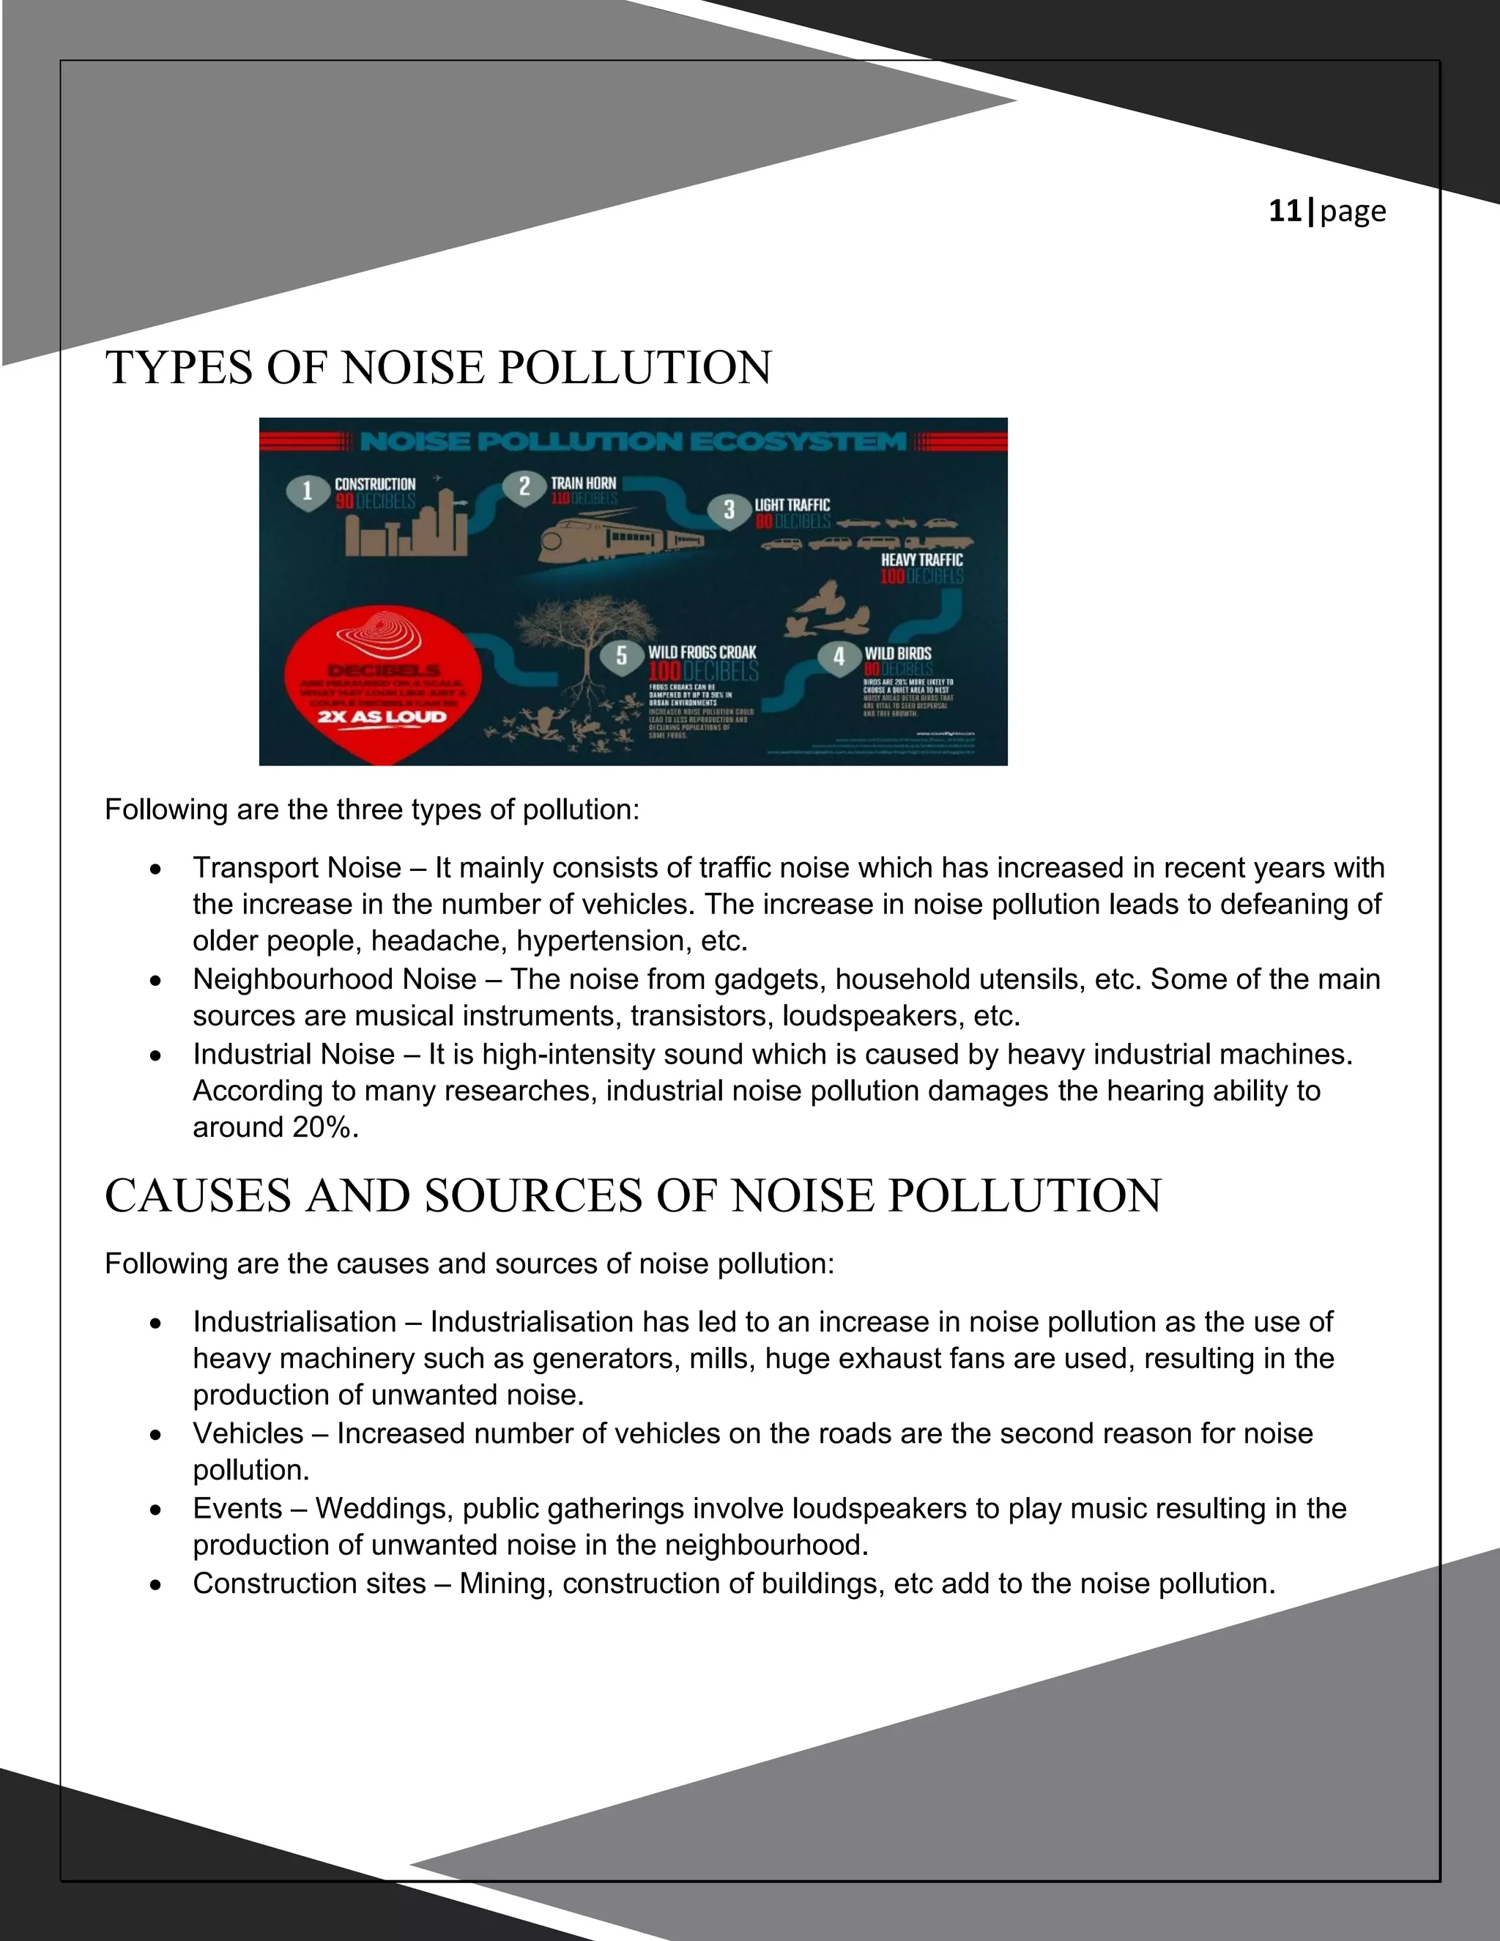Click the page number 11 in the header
coord(1284,211)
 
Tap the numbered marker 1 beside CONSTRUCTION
coord(308,491)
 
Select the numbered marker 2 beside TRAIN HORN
coord(524,486)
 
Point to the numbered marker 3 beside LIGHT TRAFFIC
coord(729,510)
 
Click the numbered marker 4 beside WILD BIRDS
coord(839,658)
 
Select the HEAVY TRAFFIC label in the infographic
coord(921,560)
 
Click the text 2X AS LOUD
coord(381,716)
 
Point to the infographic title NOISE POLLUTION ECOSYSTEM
coord(633,442)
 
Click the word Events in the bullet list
coord(237,1508)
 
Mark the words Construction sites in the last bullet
coord(309,1583)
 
